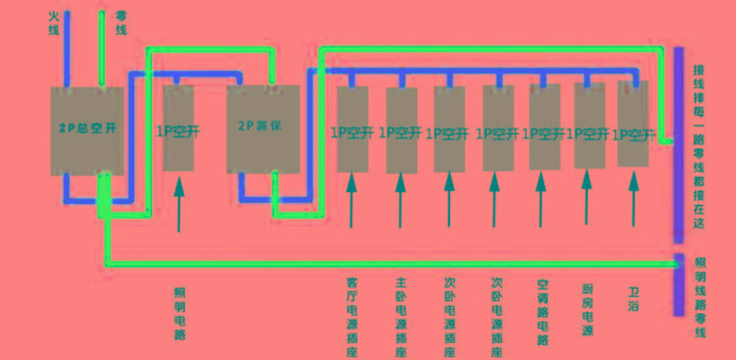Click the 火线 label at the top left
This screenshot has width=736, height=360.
pyautogui.click(x=53, y=22)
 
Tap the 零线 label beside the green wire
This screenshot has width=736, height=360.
pyautogui.click(x=121, y=23)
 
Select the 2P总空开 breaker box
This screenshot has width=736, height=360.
pyautogui.click(x=87, y=130)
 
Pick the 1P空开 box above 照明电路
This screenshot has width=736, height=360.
pyautogui.click(x=178, y=128)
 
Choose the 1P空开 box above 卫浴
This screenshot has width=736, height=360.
pyautogui.click(x=633, y=124)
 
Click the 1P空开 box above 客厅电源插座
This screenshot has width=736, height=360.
pyautogui.click(x=352, y=129)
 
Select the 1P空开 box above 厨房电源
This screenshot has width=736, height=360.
pyautogui.click(x=589, y=126)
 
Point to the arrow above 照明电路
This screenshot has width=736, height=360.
pyautogui.click(x=179, y=203)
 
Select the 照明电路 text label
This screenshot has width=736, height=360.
pyautogui.click(x=180, y=313)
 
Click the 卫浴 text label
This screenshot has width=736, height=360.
pyautogui.click(x=633, y=299)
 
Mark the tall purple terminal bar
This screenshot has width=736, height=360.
pyautogui.click(x=679, y=144)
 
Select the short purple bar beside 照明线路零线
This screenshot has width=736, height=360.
pyautogui.click(x=679, y=285)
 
